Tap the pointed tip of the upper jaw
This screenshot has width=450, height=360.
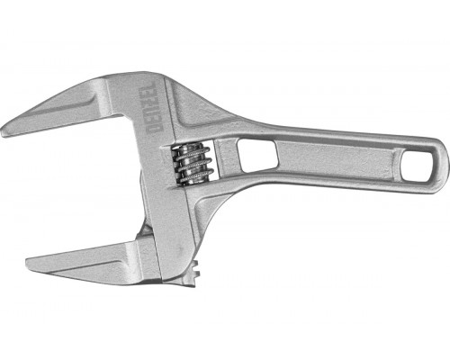(x=3, y=132)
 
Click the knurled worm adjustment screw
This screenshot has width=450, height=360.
(x=192, y=164)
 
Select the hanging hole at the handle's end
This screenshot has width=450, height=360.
(x=417, y=166)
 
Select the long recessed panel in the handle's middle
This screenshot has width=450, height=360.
(x=337, y=159)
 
